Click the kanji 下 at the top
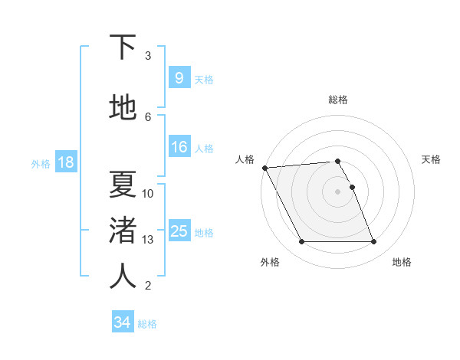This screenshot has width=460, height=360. pyautogui.click(x=123, y=47)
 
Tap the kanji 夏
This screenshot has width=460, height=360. pyautogui.click(x=123, y=184)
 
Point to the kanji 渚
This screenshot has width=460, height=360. pyautogui.click(x=123, y=231)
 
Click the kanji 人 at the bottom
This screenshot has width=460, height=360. pyautogui.click(x=123, y=276)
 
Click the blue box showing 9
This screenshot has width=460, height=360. pyautogui.click(x=179, y=78)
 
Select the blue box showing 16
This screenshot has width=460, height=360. pyautogui.click(x=179, y=147)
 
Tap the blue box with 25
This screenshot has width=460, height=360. pyautogui.click(x=179, y=231)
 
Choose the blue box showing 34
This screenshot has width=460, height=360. pyautogui.click(x=122, y=322)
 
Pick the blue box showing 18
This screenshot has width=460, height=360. pyautogui.click(x=65, y=162)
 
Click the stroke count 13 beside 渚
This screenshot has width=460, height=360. pyautogui.click(x=148, y=240)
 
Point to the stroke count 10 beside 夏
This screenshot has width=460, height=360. pyautogui.click(x=148, y=194)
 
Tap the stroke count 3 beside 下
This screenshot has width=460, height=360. pyautogui.click(x=148, y=56)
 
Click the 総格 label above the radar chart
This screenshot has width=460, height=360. pyautogui.click(x=338, y=100)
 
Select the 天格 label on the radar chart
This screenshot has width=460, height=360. pyautogui.click(x=432, y=159)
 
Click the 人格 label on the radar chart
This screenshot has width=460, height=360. pyautogui.click(x=245, y=159)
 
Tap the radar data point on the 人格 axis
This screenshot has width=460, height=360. pyautogui.click(x=264, y=168)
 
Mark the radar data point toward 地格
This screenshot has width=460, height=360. pyautogui.click(x=374, y=242)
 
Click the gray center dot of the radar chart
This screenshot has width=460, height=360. pyautogui.click(x=338, y=191)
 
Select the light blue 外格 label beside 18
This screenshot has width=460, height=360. pyautogui.click(x=40, y=163)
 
